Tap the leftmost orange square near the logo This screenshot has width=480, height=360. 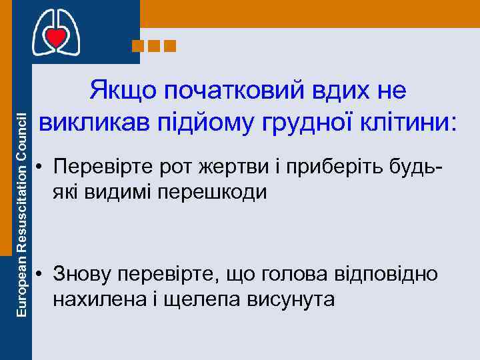(x=138, y=46)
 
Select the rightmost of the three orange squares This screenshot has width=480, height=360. (x=169, y=46)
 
